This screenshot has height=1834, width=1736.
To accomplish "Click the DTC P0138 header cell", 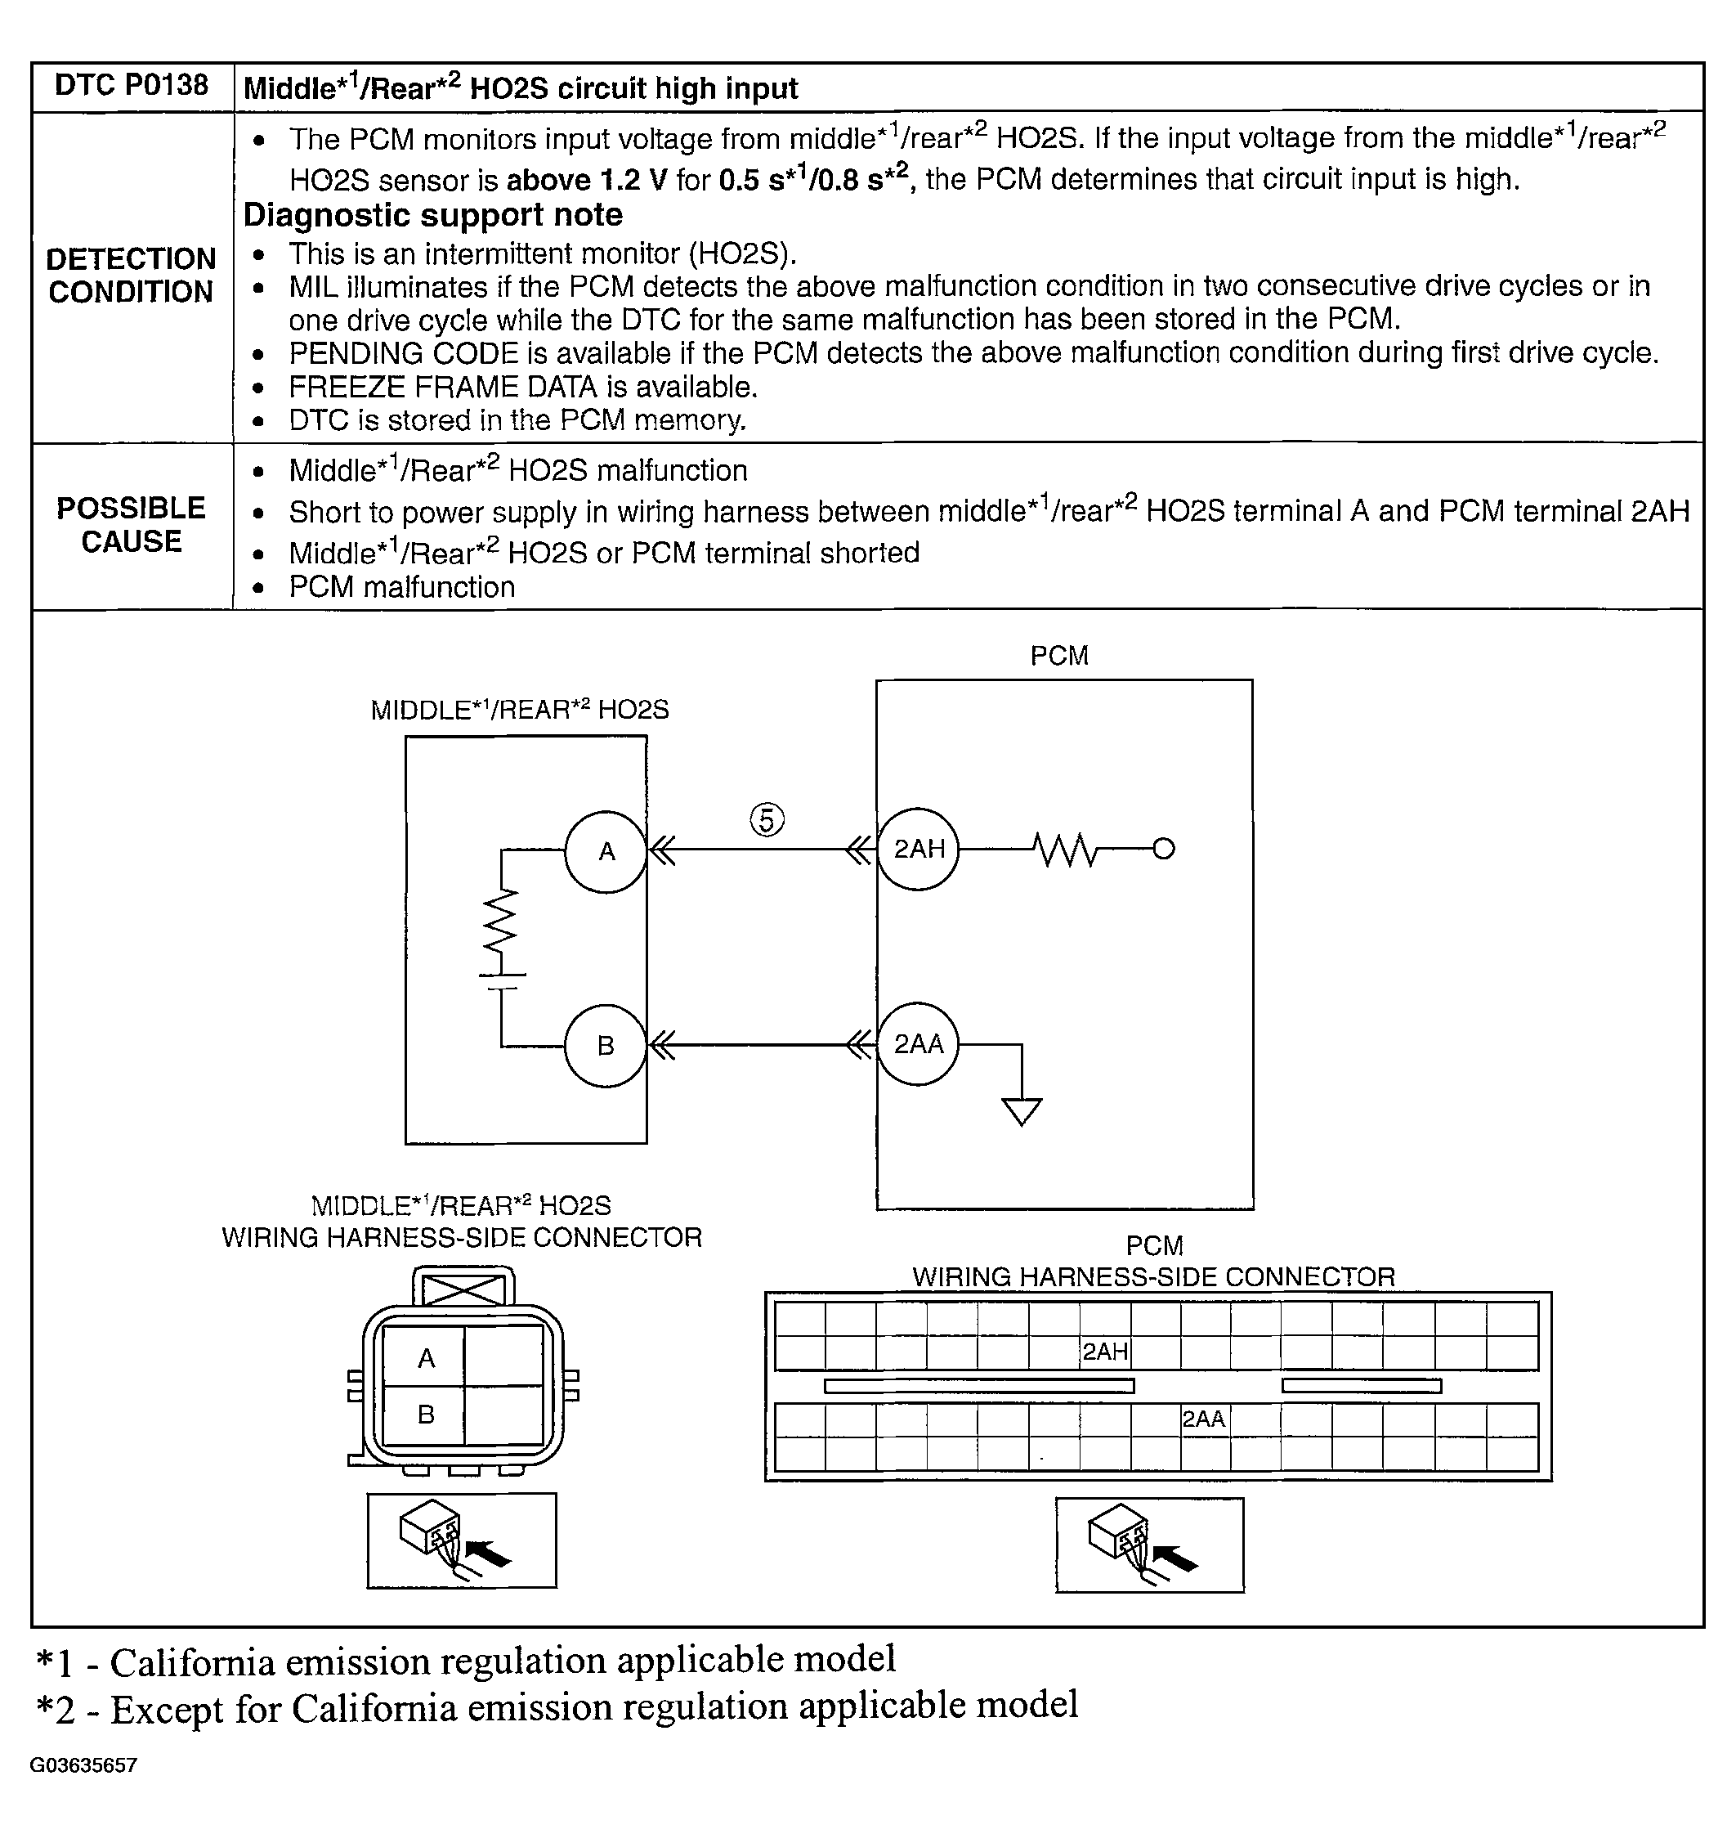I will [x=132, y=86].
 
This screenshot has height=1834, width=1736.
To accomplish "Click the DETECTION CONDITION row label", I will [x=132, y=275].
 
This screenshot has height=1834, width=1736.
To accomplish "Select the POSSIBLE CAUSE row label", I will [x=132, y=524].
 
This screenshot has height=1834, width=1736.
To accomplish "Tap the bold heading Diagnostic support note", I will [x=433, y=215].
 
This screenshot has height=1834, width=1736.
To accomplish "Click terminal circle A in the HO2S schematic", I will [x=606, y=852].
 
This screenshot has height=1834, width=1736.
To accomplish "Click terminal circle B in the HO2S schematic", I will [x=606, y=1046].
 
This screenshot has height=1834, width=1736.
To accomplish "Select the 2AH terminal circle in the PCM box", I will [x=918, y=849].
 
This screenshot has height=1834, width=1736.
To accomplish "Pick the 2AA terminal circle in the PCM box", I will [x=918, y=1044].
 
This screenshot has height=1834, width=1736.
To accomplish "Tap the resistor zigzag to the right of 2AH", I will [x=1066, y=849].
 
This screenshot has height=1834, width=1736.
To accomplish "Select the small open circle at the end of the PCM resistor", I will [x=1164, y=848].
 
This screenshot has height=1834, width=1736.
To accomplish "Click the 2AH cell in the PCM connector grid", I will [x=1105, y=1352].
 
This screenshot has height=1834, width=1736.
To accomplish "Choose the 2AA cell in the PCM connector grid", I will [x=1204, y=1419].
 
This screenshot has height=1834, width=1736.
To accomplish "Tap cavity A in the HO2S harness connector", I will [x=426, y=1358].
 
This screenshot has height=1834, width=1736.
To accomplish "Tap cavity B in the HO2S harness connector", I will [x=426, y=1415].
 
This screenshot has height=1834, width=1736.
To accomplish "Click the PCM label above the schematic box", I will [x=1059, y=656].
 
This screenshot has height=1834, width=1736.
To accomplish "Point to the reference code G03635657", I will [x=83, y=1765].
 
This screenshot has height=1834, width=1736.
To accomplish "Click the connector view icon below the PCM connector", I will [x=1149, y=1545].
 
